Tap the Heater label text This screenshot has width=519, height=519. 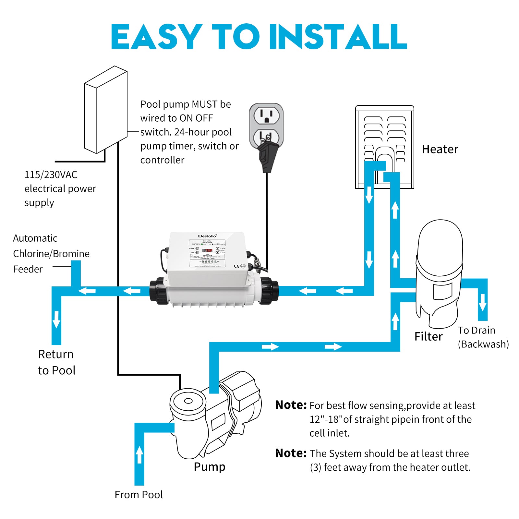(x=440, y=149)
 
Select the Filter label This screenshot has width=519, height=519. (x=428, y=336)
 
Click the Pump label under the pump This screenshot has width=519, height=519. (x=209, y=467)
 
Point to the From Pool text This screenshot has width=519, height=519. (x=139, y=495)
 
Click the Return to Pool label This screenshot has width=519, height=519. (x=56, y=362)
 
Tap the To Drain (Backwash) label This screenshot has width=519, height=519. (x=483, y=337)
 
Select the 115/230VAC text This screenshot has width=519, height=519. (x=51, y=175)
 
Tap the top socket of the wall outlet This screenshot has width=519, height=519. (x=266, y=115)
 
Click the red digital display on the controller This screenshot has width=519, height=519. (x=207, y=250)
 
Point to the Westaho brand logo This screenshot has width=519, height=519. (x=207, y=236)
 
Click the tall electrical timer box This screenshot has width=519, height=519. (x=106, y=110)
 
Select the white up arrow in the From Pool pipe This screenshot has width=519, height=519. (x=139, y=454)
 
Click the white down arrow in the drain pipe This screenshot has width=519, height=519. (x=483, y=302)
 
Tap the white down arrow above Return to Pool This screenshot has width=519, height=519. (x=56, y=319)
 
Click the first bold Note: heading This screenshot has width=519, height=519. (x=291, y=405)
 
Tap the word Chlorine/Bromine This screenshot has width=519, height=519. (x=51, y=254)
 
